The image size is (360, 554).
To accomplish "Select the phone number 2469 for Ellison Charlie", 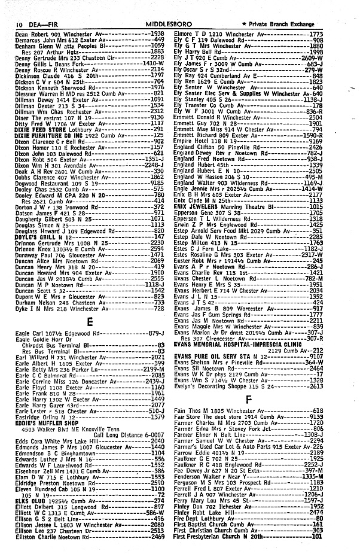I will pos(157,536).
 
